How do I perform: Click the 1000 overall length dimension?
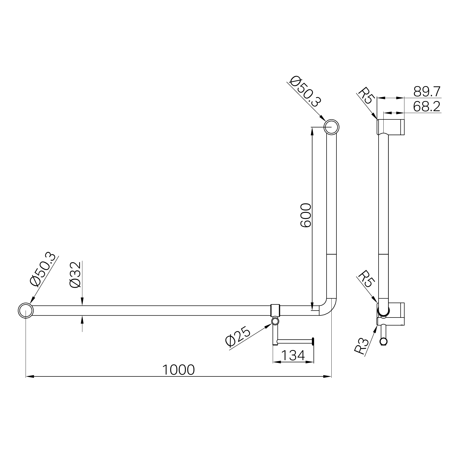(178, 370)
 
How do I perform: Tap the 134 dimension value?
(293, 355)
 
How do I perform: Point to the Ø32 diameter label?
(75, 275)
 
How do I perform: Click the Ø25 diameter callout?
(238, 337)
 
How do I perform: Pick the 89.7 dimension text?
(427, 92)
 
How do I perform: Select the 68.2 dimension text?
(427, 107)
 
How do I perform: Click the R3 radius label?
(362, 346)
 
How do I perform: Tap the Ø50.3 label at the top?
(306, 91)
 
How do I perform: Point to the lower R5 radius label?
(366, 279)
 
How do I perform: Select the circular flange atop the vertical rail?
(331, 127)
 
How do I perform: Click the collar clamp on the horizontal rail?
(275, 310)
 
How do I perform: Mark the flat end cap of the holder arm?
(314, 341)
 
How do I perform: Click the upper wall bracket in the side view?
(391, 127)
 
